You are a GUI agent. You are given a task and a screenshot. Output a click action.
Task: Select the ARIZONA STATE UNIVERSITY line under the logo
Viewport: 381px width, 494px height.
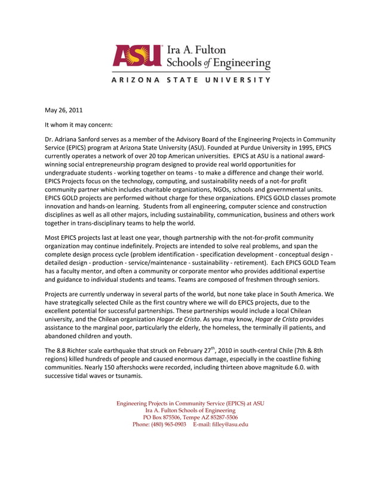[190, 80]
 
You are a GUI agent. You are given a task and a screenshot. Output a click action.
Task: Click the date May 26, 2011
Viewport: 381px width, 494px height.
[64, 110]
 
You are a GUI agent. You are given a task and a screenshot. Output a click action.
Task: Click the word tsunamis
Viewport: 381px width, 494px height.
[125, 376]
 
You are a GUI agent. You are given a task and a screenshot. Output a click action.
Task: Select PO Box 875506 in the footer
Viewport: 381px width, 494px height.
[164, 417]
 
